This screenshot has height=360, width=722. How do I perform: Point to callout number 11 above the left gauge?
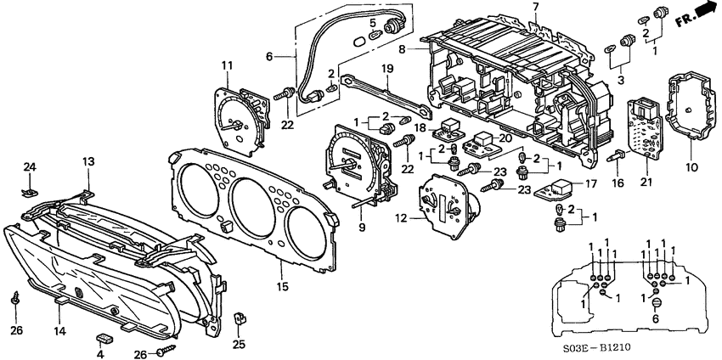coord(227,66)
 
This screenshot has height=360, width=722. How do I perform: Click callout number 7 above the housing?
coord(535,8)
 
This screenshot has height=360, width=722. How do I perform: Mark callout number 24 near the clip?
coord(28,166)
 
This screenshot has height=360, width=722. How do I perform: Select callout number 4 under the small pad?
coord(100,353)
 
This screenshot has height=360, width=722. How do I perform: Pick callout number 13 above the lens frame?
coord(88,160)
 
